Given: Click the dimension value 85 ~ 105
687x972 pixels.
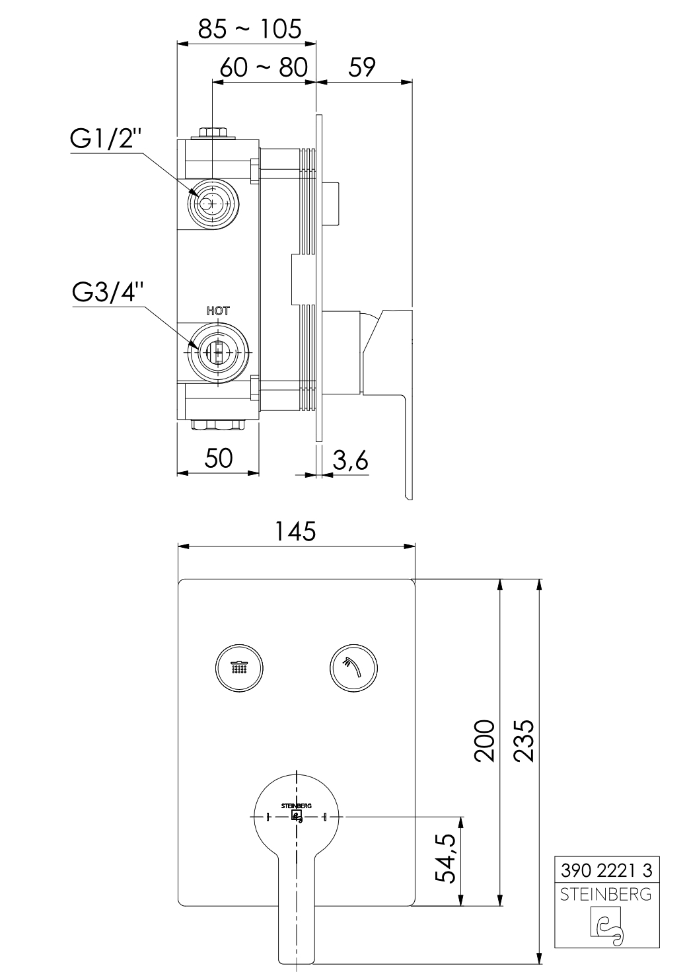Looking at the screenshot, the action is point(250,30).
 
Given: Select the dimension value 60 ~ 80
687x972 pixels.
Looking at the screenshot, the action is point(264,67).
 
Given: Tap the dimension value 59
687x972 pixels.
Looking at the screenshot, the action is point(361,67).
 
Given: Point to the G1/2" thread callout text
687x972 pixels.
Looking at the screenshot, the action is point(106,139).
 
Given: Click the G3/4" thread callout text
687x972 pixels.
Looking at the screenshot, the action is point(108,293).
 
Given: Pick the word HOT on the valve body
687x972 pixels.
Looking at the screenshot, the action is point(218,311).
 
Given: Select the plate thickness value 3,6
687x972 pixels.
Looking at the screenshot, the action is point(351,460).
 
